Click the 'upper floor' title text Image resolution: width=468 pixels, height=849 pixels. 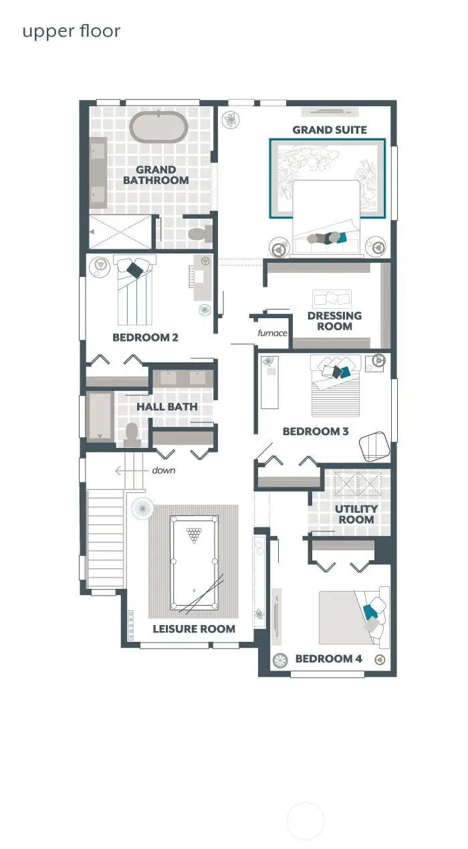(x=71, y=31)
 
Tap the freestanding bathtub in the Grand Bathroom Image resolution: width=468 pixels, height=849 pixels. (x=158, y=126)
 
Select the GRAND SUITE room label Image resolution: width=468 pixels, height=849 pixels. (x=330, y=130)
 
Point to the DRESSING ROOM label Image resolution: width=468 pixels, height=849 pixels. (x=334, y=321)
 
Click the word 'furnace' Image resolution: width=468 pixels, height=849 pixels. (x=273, y=333)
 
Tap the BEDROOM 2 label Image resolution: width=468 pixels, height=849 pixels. (x=145, y=338)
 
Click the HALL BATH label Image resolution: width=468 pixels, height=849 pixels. (x=167, y=406)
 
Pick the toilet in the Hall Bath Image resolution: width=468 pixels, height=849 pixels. (x=132, y=434)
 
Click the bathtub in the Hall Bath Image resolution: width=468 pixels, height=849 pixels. (x=101, y=416)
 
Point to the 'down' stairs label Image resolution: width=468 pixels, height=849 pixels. (x=163, y=471)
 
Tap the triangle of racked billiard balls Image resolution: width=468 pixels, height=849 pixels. (x=194, y=534)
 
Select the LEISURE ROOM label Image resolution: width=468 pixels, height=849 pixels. (x=194, y=628)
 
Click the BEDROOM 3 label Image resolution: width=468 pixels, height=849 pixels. (x=316, y=431)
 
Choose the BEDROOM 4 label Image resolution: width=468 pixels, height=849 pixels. (x=329, y=659)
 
